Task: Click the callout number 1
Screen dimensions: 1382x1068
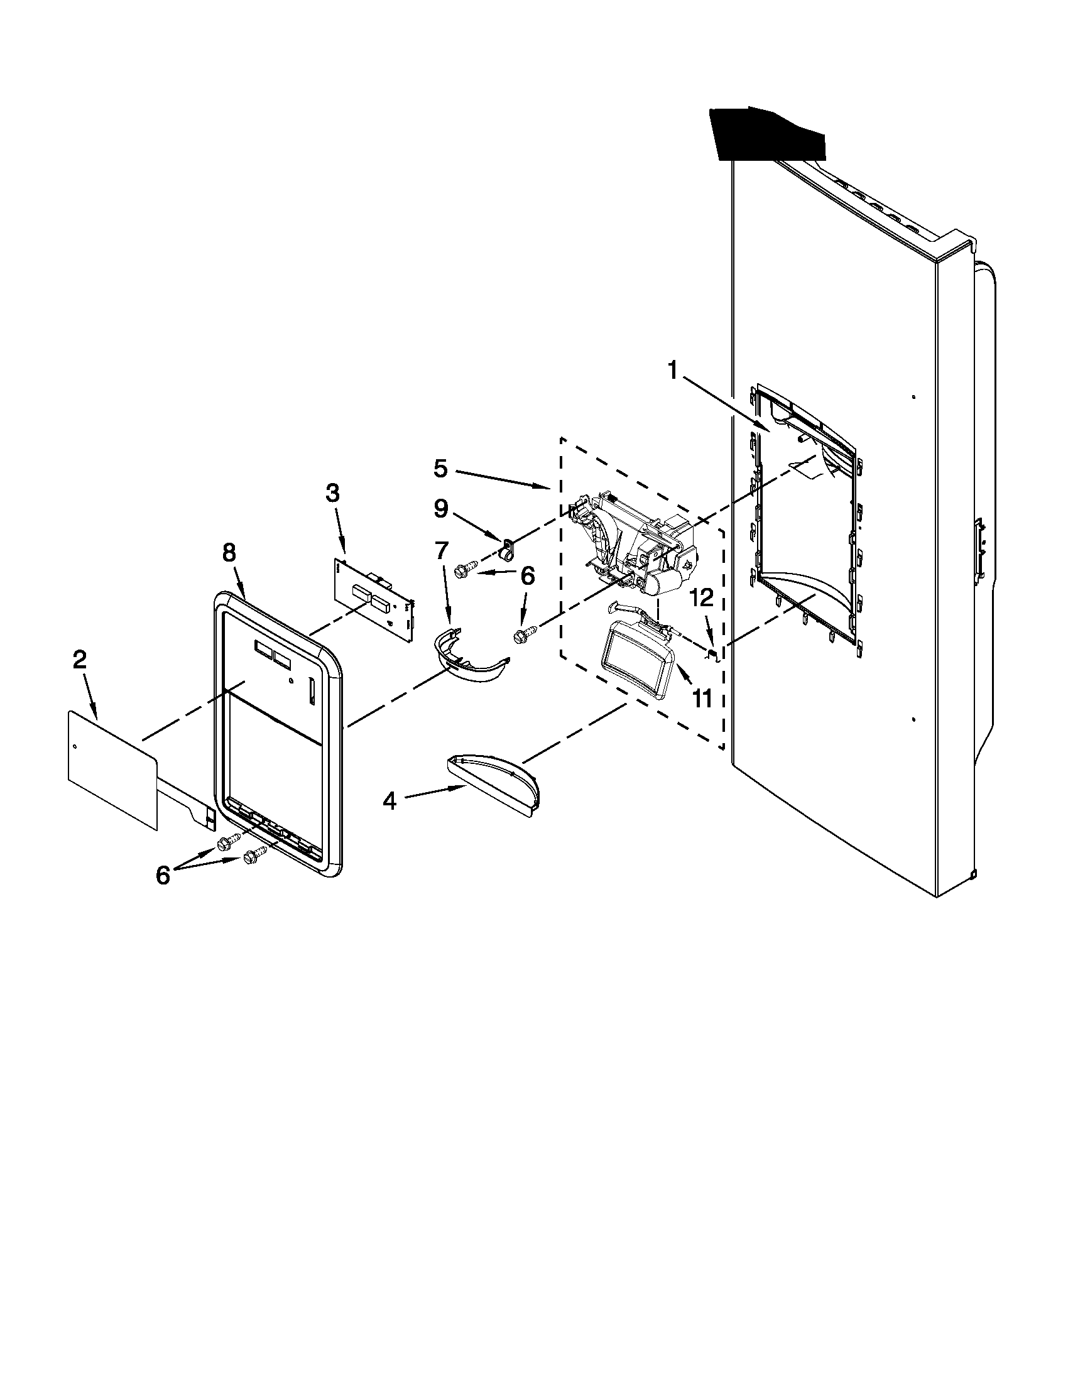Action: (673, 370)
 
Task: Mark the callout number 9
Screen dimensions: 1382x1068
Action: (440, 507)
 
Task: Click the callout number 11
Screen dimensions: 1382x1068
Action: (702, 699)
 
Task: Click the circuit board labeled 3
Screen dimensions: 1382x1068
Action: (373, 598)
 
